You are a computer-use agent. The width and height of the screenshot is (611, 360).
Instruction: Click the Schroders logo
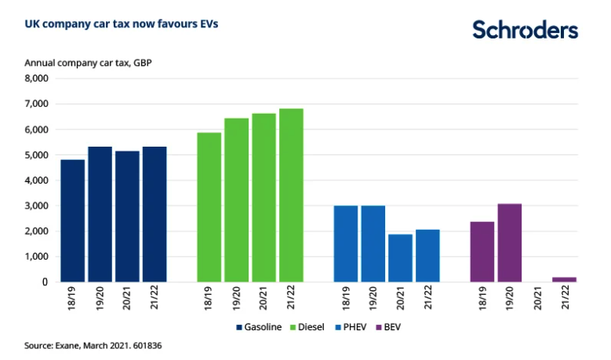(525, 30)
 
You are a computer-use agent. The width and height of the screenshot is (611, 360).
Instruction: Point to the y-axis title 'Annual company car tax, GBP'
(88, 63)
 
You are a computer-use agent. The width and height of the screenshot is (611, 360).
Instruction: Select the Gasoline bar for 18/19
(73, 220)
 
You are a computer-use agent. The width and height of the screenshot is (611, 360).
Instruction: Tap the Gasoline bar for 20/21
(127, 216)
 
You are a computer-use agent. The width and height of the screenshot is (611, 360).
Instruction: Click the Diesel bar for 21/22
(291, 195)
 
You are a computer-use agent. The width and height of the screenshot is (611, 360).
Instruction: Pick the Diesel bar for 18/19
(209, 207)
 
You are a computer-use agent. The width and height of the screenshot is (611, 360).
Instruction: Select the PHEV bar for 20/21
(400, 258)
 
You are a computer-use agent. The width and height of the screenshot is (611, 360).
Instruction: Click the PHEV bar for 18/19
(346, 244)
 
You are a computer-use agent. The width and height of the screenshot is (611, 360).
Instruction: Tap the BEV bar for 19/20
(509, 242)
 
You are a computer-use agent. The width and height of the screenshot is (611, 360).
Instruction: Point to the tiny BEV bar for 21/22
(564, 279)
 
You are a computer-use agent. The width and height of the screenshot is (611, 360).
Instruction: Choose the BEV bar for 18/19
(482, 252)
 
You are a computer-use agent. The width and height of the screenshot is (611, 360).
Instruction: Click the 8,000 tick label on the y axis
(36, 78)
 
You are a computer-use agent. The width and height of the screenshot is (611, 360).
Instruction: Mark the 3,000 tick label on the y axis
(36, 205)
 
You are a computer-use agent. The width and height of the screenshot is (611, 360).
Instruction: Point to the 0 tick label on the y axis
(45, 282)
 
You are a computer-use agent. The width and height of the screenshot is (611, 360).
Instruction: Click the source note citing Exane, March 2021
(97, 344)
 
